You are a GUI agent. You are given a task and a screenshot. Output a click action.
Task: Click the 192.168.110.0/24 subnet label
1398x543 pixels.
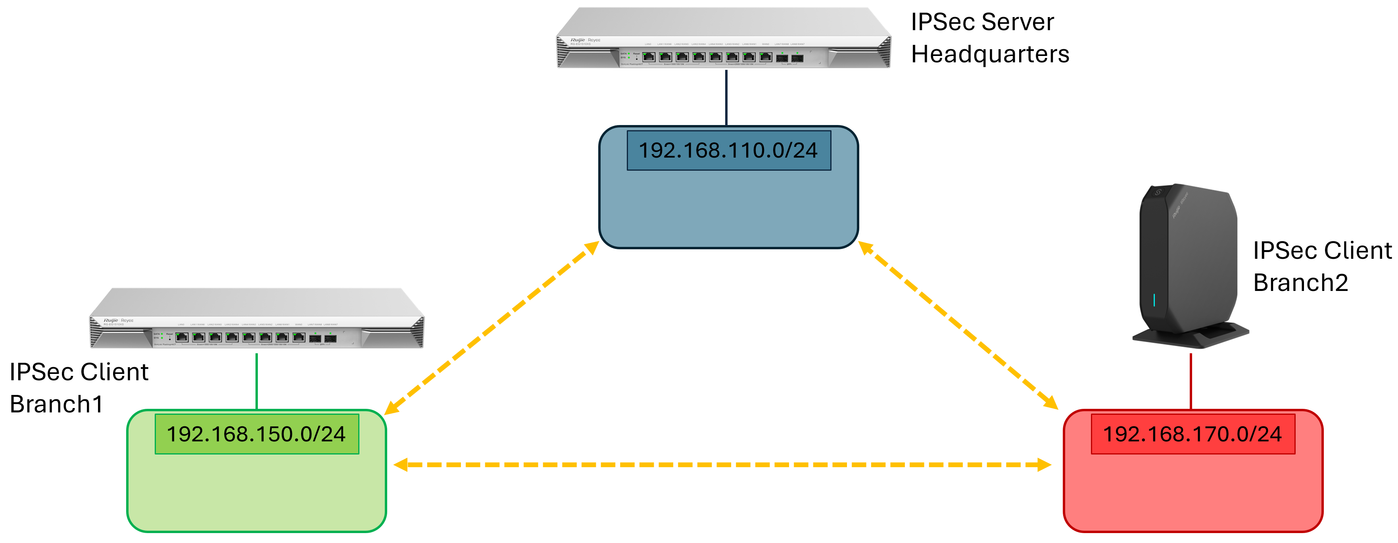[x=728, y=150]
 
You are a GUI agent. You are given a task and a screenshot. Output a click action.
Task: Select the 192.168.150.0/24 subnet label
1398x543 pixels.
[x=256, y=434]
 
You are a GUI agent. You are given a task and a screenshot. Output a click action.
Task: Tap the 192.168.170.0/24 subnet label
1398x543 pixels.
[x=1193, y=434]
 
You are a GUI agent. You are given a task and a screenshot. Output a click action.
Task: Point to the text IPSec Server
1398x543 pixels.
[x=982, y=22]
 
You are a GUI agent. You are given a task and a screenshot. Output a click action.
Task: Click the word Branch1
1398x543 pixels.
[x=56, y=404]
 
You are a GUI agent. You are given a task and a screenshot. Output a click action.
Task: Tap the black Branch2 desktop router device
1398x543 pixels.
[x=1189, y=261]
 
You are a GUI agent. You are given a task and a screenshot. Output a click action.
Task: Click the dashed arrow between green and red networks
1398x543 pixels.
[x=722, y=465]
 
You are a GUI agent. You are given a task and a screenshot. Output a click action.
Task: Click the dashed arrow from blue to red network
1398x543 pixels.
[x=958, y=326]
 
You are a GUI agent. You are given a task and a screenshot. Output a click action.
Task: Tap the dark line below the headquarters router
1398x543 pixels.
[x=726, y=98]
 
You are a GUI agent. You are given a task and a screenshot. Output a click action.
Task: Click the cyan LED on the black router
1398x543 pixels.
[x=1154, y=300]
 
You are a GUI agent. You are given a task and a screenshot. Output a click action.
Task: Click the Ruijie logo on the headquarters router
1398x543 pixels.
[x=578, y=40]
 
